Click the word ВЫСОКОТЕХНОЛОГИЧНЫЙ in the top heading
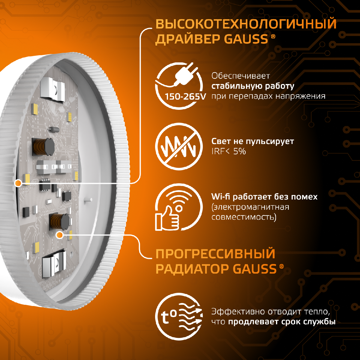coord(246,24)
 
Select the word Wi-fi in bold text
coord(221,197)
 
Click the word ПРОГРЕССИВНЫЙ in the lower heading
coord(215,254)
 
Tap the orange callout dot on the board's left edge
coord(18,182)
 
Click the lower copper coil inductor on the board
coord(57,221)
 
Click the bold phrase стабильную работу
coord(253,86)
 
